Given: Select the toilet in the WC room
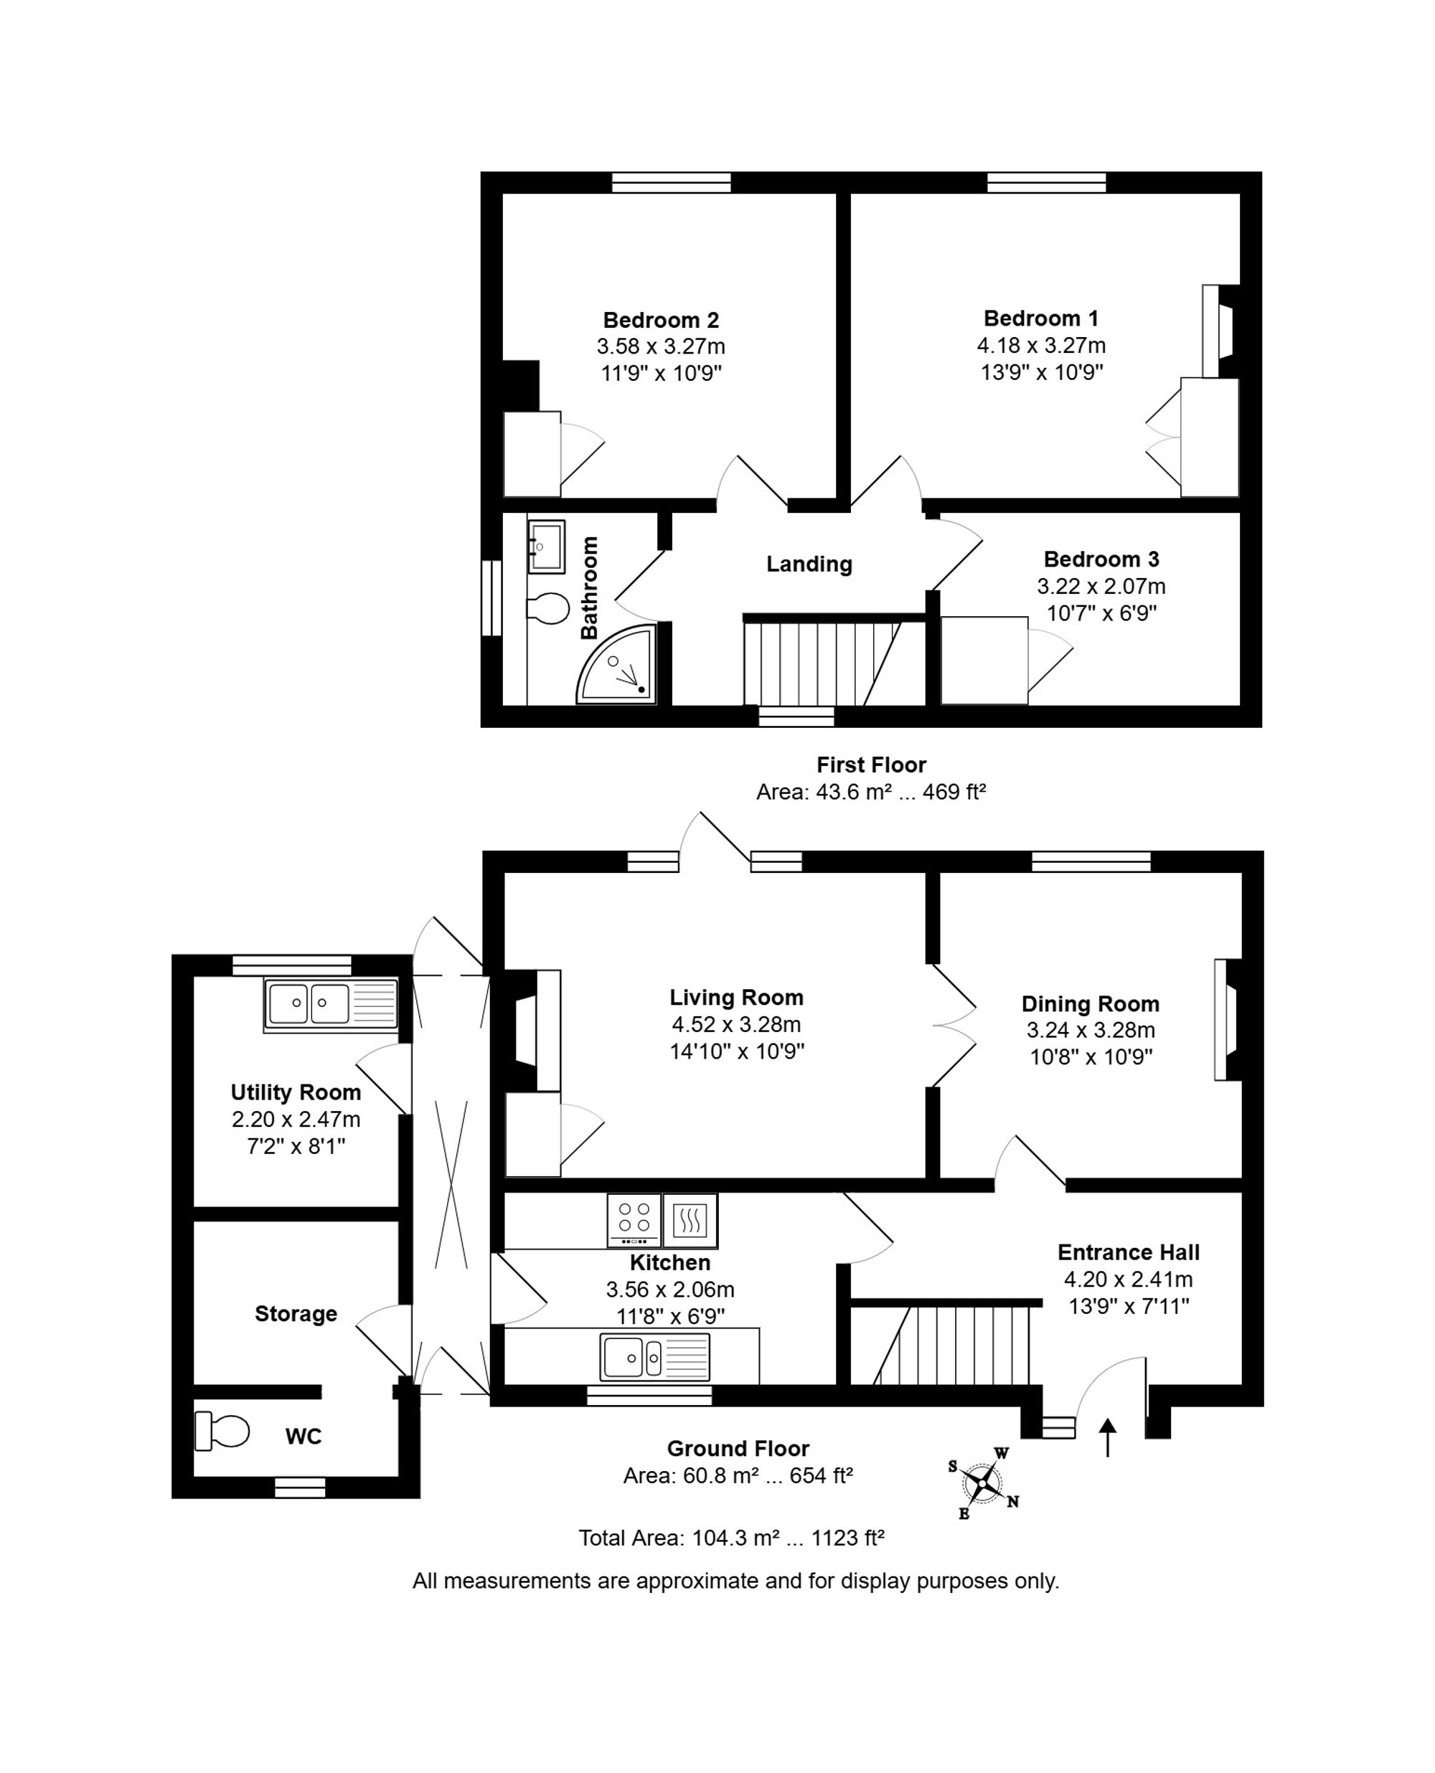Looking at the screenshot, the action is pos(222,1432).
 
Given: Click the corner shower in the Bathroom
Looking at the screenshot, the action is pos(616,664).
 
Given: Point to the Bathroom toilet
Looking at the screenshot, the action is pos(547,608).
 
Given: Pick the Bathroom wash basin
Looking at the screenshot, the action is pos(547,546).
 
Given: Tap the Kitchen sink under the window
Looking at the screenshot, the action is pos(654,1358).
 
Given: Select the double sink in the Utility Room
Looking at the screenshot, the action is pos(331,1005).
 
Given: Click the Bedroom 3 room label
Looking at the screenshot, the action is pos(1101,559).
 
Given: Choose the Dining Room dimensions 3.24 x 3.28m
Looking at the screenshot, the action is pos(1091,1030).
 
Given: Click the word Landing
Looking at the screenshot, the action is pos(809,564).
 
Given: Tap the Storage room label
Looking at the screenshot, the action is pos(296,1314).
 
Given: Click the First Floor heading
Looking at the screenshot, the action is pos(871,765).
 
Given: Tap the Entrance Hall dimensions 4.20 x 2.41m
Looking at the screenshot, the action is pos(1129,1280).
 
